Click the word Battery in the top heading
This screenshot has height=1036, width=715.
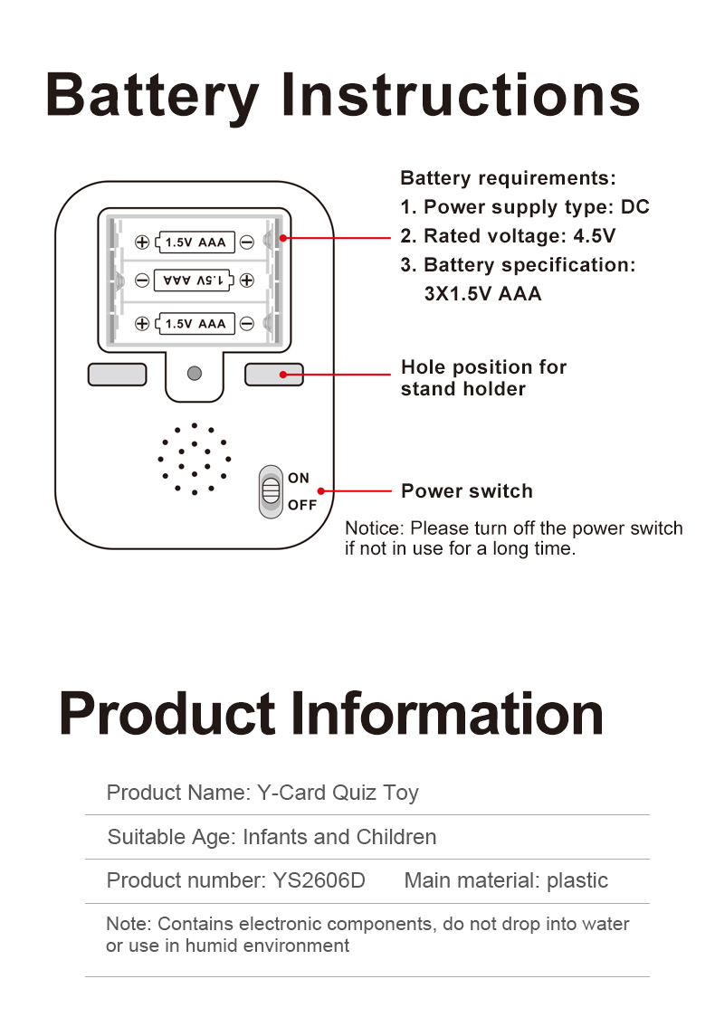tap(152, 95)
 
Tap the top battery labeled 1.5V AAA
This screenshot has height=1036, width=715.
tap(195, 242)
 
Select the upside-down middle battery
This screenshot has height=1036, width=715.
tap(195, 281)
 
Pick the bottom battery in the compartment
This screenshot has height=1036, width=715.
tap(195, 323)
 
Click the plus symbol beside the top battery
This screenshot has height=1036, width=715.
tap(142, 242)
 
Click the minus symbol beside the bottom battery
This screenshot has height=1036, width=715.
tap(247, 323)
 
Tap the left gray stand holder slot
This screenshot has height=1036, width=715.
tap(117, 374)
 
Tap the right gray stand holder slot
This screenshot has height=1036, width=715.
tap(273, 374)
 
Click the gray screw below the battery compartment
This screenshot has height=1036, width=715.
tap(194, 373)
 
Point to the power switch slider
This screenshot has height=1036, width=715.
tap(270, 491)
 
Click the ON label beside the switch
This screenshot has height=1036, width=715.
tap(299, 478)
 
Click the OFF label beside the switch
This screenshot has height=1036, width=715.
tap(302, 505)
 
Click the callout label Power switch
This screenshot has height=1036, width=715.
tap(466, 491)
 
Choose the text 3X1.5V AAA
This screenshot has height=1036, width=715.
tap(482, 294)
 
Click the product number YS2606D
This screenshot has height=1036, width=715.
tap(319, 880)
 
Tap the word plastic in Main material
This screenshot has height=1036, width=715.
tap(577, 880)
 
